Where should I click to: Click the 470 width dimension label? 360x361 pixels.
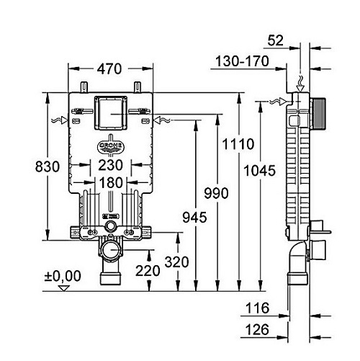coord(109,69)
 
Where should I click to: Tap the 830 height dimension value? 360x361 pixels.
coord(48,166)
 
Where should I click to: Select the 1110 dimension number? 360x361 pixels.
coord(238,144)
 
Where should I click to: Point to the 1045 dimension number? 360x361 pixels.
coord(259,171)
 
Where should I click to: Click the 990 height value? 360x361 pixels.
coord(216,193)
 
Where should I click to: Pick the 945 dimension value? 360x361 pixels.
coord(194,218)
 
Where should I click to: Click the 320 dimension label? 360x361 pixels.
coord(176,262)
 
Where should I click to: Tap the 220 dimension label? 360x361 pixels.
coord(148,271)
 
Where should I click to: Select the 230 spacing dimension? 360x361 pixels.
coord(111,165)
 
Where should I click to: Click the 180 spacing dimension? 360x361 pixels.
coord(111,183)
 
